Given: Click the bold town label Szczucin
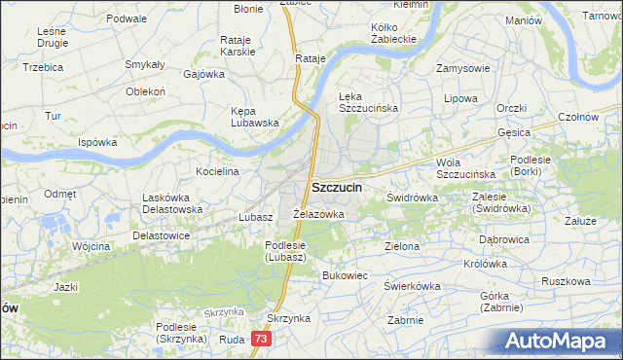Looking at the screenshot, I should (x=338, y=186).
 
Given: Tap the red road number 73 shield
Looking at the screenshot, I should (x=260, y=339).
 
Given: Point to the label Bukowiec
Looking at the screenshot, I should (x=345, y=275).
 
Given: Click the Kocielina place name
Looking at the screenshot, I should (x=217, y=171).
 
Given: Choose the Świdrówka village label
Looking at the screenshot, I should (x=412, y=198).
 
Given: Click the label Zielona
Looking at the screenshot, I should (x=402, y=246).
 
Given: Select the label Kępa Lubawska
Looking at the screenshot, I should (x=255, y=117).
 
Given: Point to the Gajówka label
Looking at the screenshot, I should (x=203, y=73).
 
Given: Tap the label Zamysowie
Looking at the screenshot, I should (x=462, y=68).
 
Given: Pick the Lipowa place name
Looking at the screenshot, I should (x=460, y=99).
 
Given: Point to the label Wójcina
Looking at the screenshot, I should (x=91, y=246).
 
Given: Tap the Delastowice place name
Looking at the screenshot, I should (x=161, y=234).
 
